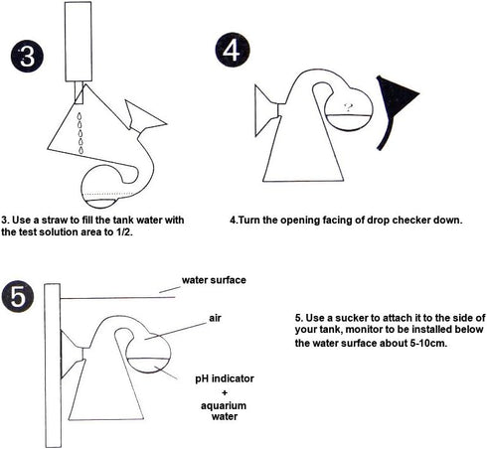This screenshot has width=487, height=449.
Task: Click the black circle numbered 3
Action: [27, 57]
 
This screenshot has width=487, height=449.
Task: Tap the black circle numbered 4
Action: [233, 50]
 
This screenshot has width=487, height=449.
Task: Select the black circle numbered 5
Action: [18, 297]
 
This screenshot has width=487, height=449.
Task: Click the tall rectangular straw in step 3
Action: [79, 42]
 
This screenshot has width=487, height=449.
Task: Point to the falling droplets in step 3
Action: [81, 133]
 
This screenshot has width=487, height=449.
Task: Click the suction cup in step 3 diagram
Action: [144, 116]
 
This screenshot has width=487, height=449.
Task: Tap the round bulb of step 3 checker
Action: [102, 187]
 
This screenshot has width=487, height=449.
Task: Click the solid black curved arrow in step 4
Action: [395, 109]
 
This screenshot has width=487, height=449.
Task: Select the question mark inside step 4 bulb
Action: [348, 107]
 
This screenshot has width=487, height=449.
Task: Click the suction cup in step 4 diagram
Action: [266, 102]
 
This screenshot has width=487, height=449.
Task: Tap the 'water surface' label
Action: [214, 280]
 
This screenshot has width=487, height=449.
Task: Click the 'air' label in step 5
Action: [215, 318]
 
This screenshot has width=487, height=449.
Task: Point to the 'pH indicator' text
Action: [225, 378]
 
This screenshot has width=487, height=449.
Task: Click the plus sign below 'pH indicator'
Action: [225, 392]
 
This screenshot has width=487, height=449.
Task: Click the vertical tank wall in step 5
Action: [53, 366]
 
